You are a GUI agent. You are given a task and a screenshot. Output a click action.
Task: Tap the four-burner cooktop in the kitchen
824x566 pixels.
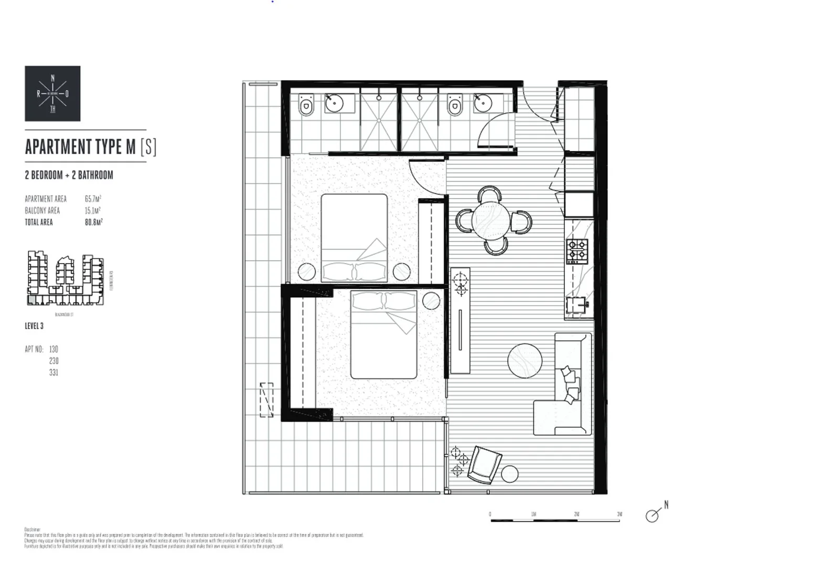(x=577, y=251)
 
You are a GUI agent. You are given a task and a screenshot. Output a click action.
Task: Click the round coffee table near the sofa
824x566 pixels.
(x=525, y=360)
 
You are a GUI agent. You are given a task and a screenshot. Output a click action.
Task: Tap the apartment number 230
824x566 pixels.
(x=53, y=361)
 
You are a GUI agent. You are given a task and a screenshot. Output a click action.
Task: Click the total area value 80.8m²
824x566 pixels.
(x=93, y=222)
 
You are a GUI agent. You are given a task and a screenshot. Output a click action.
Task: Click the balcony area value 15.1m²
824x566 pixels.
(x=92, y=211)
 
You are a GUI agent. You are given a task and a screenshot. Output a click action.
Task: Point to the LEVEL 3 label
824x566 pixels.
(x=34, y=326)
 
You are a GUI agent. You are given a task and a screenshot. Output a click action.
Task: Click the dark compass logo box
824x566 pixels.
(x=52, y=93)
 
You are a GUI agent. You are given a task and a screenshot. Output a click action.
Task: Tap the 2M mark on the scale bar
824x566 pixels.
(x=576, y=515)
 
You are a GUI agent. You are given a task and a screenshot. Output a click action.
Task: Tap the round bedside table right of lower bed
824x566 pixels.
(x=431, y=301)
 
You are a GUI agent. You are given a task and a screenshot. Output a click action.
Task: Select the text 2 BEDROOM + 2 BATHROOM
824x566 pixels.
(x=69, y=175)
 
